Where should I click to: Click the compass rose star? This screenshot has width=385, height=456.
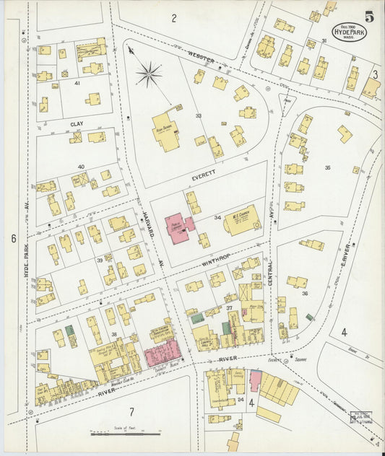(x=149, y=73)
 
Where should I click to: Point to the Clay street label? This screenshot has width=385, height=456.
(x=77, y=124)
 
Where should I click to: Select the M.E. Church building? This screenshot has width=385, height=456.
(x=241, y=220)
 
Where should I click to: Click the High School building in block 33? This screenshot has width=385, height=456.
(x=168, y=132)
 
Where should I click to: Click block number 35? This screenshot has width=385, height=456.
(x=327, y=167)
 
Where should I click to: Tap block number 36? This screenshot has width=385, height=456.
(x=305, y=294)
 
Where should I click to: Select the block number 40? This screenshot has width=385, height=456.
(x=81, y=167)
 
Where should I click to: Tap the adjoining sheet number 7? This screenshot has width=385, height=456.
(x=131, y=412)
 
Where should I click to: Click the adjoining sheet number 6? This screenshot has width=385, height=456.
(x=13, y=237)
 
